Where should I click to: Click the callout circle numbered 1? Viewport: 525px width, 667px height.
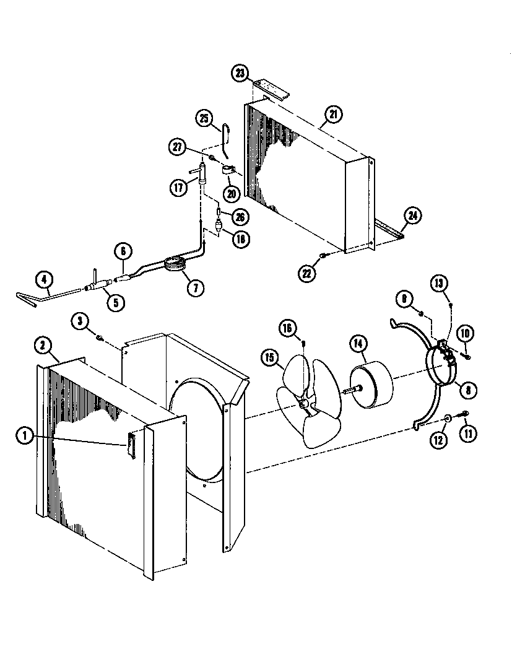pos(25,436)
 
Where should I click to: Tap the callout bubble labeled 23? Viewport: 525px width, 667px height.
pos(241,73)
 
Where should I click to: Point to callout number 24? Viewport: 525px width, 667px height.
pos(412,216)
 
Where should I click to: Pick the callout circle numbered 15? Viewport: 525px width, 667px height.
pos(269,357)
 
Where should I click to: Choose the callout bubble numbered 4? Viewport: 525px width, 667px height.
pos(43,280)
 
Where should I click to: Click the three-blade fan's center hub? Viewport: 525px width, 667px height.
pos(303,404)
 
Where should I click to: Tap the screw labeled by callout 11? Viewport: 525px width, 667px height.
pos(464,414)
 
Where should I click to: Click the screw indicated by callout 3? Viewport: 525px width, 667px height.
pos(99,337)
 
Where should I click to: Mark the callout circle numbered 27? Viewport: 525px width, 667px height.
pos(178,147)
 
